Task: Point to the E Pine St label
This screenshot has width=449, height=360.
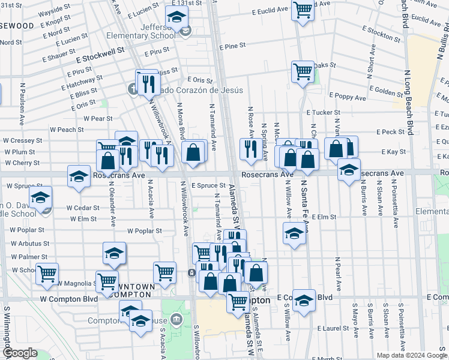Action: pyautogui.click(x=233, y=46)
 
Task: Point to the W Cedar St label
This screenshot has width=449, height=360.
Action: pyautogui.click(x=82, y=208)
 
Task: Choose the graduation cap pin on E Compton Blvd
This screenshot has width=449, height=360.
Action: pyautogui.click(x=304, y=301)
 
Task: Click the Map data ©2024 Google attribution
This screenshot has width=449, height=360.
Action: pyautogui.click(x=411, y=355)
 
